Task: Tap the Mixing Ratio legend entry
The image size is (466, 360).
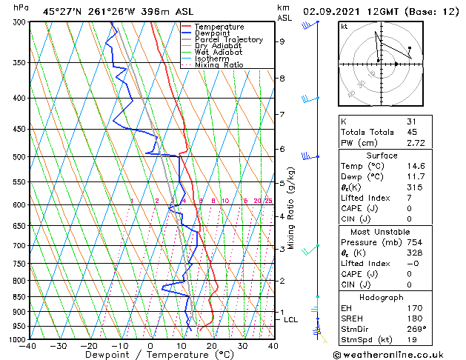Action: point(219,65)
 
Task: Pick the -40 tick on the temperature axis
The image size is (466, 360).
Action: point(29,346)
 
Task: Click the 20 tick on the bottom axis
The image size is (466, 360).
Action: point(211,346)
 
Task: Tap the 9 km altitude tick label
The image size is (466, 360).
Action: point(282,41)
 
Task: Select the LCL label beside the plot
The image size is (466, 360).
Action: point(290,319)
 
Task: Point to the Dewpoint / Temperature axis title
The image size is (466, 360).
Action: point(151,355)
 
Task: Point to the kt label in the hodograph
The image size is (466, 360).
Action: point(344,26)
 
